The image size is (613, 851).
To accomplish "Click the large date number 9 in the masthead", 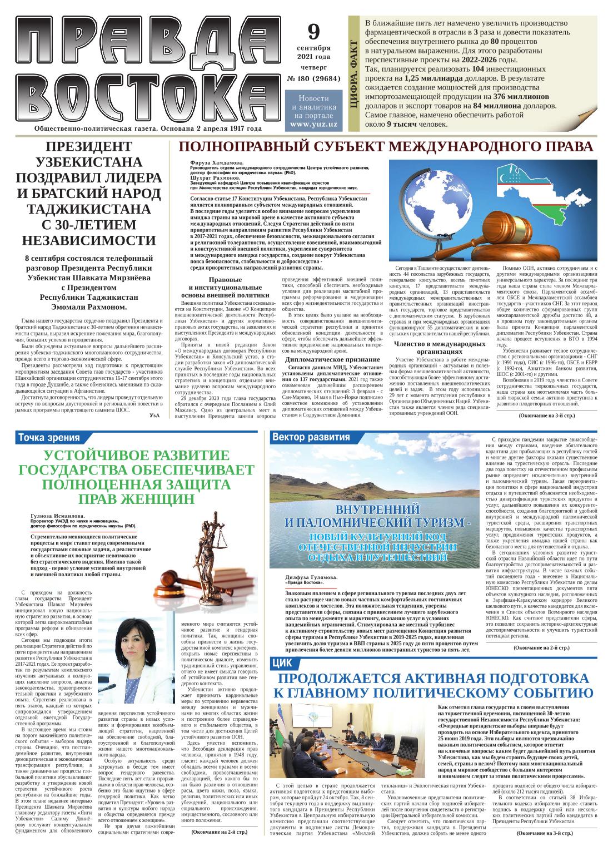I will click(313, 33).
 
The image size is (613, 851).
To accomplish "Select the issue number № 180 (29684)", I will click(313, 78).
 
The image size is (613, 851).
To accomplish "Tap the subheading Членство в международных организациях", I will click(439, 347).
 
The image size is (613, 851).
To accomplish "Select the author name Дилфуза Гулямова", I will click(311, 577).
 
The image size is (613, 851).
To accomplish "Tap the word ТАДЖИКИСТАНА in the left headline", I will click(89, 209).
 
